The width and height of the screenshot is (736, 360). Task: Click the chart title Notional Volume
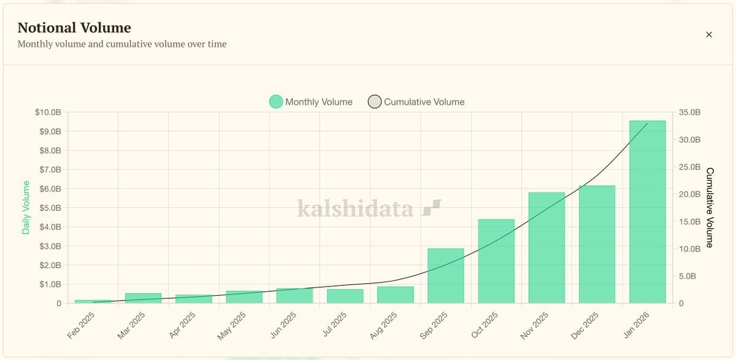74,28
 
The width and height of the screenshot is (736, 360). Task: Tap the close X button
709,34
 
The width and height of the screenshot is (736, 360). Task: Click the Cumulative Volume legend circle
375,102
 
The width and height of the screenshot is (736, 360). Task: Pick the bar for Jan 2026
647,212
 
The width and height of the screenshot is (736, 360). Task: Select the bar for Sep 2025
446,276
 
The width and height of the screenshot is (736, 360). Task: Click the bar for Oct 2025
496,261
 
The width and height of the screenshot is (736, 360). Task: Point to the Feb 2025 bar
93,301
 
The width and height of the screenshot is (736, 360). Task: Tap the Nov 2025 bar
546,248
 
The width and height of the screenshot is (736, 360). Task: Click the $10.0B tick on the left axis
48,112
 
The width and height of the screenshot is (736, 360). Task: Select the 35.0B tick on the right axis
690,112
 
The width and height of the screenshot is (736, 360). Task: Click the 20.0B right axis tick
690,194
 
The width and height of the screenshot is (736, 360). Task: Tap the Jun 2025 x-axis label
283,326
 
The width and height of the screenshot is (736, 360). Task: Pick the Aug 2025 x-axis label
383,326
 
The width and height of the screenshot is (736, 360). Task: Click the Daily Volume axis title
26,207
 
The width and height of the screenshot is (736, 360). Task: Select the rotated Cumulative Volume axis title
710,207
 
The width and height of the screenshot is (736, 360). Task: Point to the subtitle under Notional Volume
122,44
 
